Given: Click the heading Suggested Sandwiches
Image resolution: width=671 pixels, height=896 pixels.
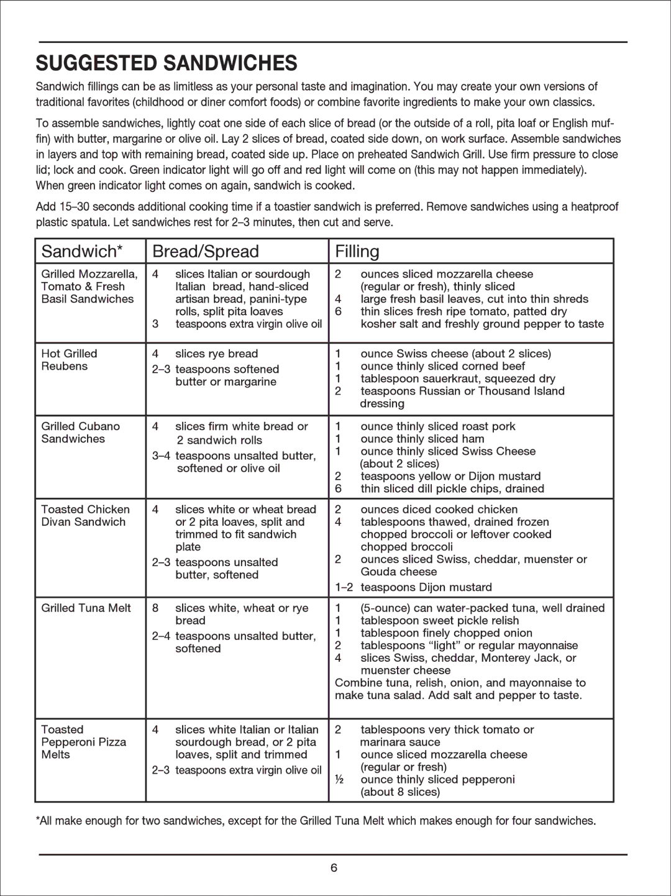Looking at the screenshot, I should click(x=167, y=63).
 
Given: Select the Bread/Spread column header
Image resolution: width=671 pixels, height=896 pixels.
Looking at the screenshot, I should click(x=206, y=252).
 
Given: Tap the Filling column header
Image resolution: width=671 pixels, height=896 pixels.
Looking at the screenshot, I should click(x=357, y=252).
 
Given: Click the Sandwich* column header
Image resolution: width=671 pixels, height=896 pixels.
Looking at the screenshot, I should click(x=82, y=252).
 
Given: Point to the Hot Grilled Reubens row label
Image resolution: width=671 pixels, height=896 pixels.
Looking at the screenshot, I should click(x=69, y=360).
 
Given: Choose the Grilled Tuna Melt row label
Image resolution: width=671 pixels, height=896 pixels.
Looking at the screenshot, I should click(x=86, y=608).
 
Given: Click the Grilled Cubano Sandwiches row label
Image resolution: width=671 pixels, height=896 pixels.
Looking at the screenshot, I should click(x=80, y=432).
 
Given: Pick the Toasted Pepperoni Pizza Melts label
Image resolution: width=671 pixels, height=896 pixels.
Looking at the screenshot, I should click(x=83, y=742).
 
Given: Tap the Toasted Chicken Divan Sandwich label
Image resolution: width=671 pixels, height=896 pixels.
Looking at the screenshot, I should click(x=85, y=516).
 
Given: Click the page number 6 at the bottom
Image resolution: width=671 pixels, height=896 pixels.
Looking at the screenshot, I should click(x=334, y=868).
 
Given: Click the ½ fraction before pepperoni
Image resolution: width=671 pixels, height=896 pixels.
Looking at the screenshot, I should click(x=339, y=779).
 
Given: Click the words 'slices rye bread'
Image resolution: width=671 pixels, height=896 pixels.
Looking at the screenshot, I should click(x=216, y=354).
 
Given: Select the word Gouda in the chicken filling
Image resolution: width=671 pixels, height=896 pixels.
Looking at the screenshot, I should click(x=378, y=572).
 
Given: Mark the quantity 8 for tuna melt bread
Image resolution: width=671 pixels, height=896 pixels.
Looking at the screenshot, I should click(x=155, y=608).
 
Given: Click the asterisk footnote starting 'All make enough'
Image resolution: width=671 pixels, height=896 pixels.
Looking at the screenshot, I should click(x=316, y=821).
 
